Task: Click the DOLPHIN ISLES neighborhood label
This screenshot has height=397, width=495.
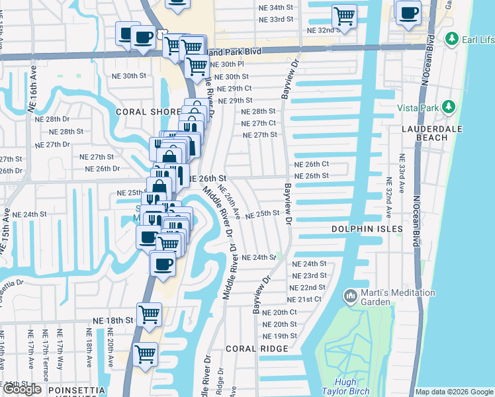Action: tap(367, 229)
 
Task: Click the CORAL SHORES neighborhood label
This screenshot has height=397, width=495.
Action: tap(148, 112)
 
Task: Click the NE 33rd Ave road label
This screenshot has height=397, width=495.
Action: tap(401, 179)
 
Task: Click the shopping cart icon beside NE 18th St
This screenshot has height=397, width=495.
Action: tap(150, 315)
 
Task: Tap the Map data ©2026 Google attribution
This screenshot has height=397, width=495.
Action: tap(454, 392)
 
